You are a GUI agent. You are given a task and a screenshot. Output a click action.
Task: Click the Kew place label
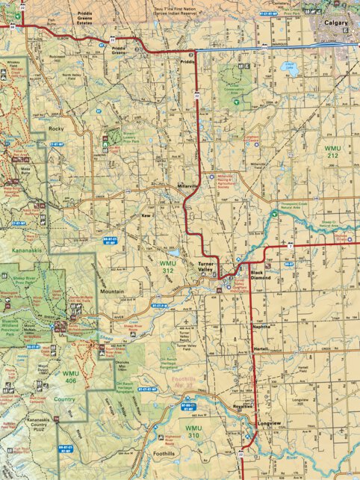pos(146,215)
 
